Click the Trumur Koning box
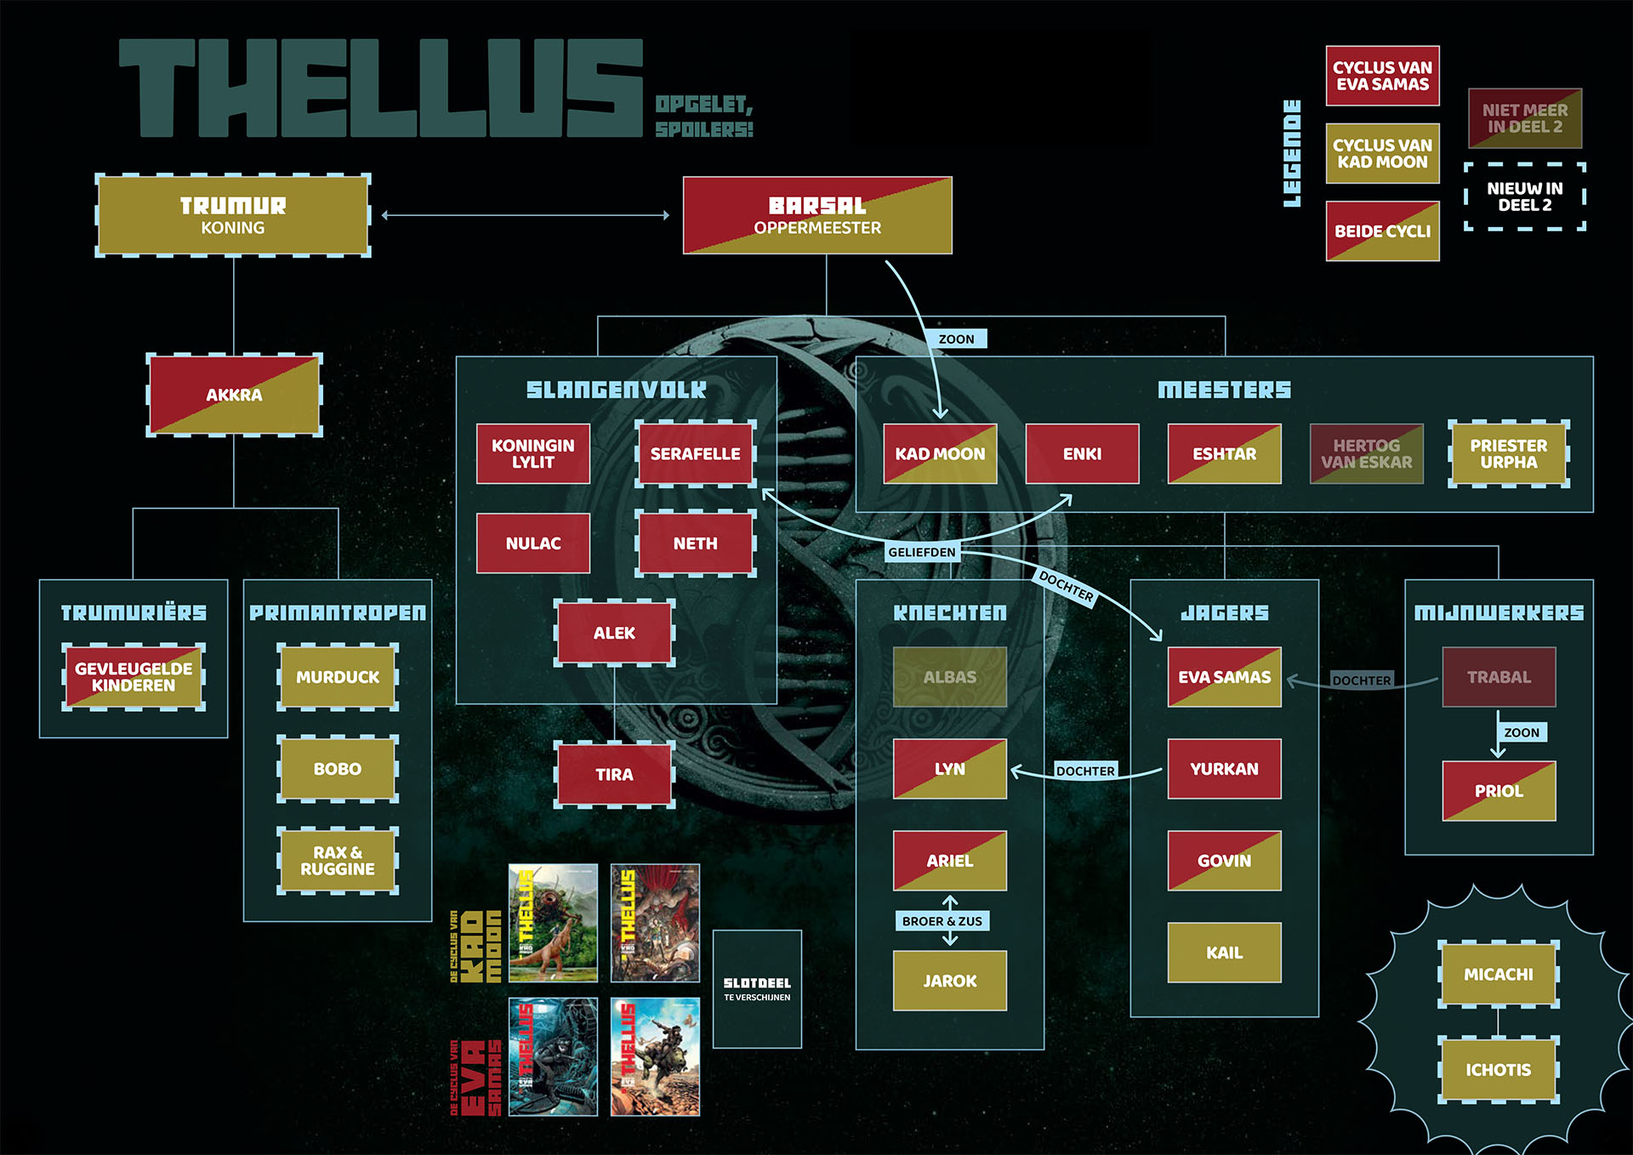pyautogui.click(x=233, y=216)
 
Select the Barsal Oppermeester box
pyautogui.click(x=817, y=216)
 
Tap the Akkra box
pyautogui.click(x=234, y=395)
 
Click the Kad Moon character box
pyautogui.click(x=940, y=454)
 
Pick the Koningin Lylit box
pyautogui.click(x=533, y=454)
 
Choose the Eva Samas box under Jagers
pyautogui.click(x=1224, y=677)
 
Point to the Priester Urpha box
pyautogui.click(x=1508, y=454)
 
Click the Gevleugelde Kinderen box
pyautogui.click(x=134, y=677)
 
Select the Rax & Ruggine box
pyautogui.click(x=338, y=861)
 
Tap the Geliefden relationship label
pyautogui.click(x=922, y=552)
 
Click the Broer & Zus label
pyautogui.click(x=942, y=921)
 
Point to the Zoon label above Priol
pyautogui.click(x=1521, y=732)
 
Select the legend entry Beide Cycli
pyautogui.click(x=1382, y=231)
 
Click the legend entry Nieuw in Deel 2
pyautogui.click(x=1524, y=196)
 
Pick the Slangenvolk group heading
pyautogui.click(x=616, y=390)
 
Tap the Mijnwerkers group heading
pyautogui.click(x=1499, y=612)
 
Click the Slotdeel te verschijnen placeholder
pyautogui.click(x=757, y=989)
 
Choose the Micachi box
pyautogui.click(x=1498, y=975)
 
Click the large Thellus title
pyautogui.click(x=380, y=88)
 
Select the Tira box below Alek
pyautogui.click(x=614, y=775)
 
